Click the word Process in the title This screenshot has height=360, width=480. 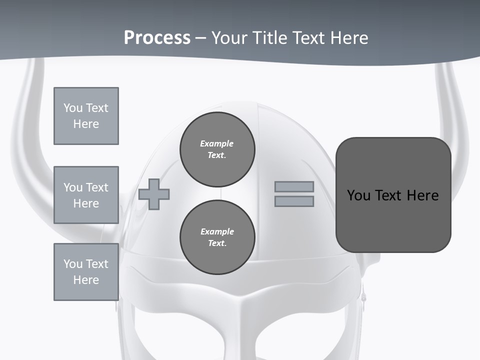click(157, 38)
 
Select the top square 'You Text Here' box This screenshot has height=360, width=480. click(86, 116)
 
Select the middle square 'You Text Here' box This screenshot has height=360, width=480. click(86, 195)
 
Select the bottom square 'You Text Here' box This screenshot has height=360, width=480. click(86, 272)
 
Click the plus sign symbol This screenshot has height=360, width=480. click(154, 194)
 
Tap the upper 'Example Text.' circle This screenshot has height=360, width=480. click(217, 149)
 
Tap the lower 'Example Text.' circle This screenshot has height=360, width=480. click(217, 237)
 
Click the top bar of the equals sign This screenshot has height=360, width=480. click(294, 186)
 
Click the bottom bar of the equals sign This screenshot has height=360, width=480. click(294, 201)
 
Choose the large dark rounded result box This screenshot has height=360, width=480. click(393, 195)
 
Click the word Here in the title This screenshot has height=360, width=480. click(348, 38)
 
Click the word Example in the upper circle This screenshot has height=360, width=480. click(216, 143)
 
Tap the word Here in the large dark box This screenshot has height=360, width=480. click(422, 195)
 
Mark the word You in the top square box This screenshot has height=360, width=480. click(72, 108)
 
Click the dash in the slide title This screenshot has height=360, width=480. click(200, 38)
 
